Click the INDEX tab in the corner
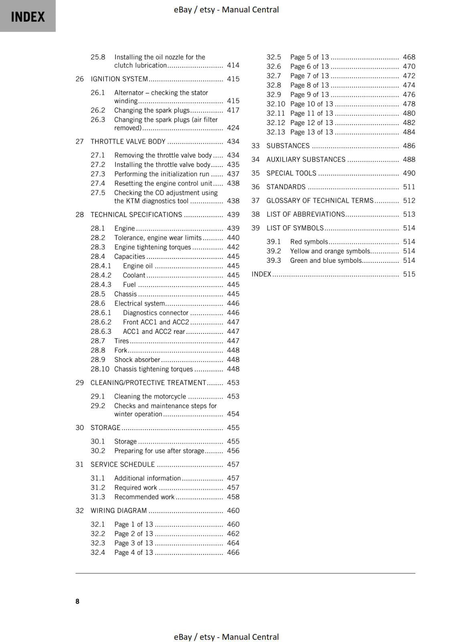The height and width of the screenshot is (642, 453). [x=28, y=16]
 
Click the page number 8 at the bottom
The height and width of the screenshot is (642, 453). [x=77, y=601]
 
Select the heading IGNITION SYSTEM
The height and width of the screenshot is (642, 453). [x=119, y=79]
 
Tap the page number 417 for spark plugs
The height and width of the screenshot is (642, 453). [x=233, y=110]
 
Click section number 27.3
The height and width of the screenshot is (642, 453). [x=98, y=174]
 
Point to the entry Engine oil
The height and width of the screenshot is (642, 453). [x=138, y=266]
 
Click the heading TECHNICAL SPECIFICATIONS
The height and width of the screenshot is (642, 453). [x=136, y=215]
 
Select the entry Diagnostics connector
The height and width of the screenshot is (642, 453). [x=155, y=313]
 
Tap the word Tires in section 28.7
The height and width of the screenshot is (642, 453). [x=121, y=341]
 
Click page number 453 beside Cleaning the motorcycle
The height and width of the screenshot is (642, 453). [x=233, y=396]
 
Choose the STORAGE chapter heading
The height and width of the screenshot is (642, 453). [x=105, y=428]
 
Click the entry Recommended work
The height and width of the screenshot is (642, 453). [x=144, y=497]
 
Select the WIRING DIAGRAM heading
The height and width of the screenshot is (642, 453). [x=119, y=511]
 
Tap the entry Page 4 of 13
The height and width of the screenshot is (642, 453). [x=133, y=553]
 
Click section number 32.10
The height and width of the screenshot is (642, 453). [x=275, y=104]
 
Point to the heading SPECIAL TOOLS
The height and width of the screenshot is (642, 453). [x=291, y=173]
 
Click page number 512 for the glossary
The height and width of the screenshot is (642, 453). [x=409, y=201]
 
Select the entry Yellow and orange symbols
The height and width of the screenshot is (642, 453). [x=330, y=251]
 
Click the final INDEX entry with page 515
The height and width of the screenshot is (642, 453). [x=261, y=274]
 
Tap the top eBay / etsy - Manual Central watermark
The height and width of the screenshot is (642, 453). [x=226, y=10]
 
